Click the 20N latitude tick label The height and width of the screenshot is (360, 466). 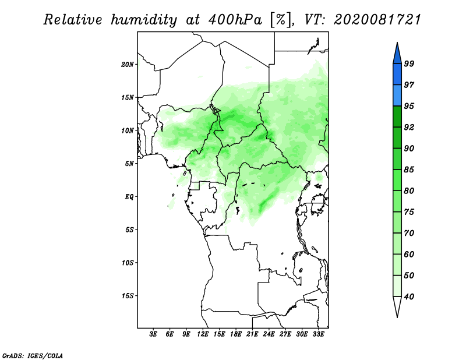click(x=128, y=65)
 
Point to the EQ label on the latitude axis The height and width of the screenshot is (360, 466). click(x=129, y=197)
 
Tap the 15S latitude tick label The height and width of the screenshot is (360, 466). click(x=128, y=296)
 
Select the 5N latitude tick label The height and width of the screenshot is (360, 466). click(x=129, y=164)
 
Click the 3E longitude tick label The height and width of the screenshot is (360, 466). click(x=153, y=334)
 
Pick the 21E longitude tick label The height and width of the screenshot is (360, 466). click(x=252, y=334)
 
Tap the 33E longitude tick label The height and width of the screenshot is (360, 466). click(x=318, y=334)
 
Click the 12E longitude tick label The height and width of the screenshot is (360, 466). click(x=203, y=334)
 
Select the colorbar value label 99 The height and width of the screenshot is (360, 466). click(x=409, y=63)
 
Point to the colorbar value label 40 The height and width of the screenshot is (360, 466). click(x=409, y=297)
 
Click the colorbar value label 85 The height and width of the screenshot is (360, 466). click(x=409, y=170)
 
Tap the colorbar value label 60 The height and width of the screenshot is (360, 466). click(x=409, y=255)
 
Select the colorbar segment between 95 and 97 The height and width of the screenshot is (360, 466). click(x=397, y=96)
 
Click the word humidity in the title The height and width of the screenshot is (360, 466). click(x=144, y=20)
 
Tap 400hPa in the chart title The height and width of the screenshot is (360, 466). click(x=235, y=20)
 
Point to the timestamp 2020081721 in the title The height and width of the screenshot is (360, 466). click(x=377, y=20)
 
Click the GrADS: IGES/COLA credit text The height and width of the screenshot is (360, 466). click(x=33, y=355)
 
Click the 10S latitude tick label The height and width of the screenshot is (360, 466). click(x=128, y=263)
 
